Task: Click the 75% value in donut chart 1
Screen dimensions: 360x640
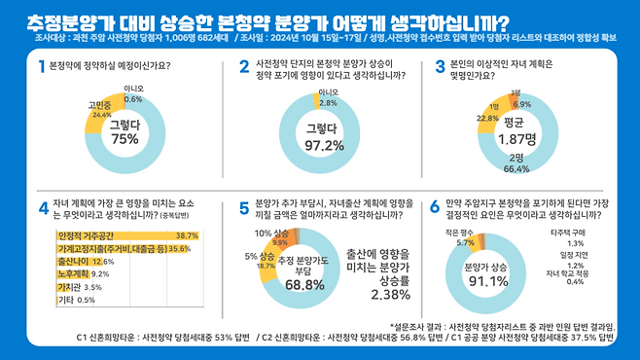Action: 124,139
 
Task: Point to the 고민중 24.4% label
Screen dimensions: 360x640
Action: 100,108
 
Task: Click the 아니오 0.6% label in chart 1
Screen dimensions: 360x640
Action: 133,93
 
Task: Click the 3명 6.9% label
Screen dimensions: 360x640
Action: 521,99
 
